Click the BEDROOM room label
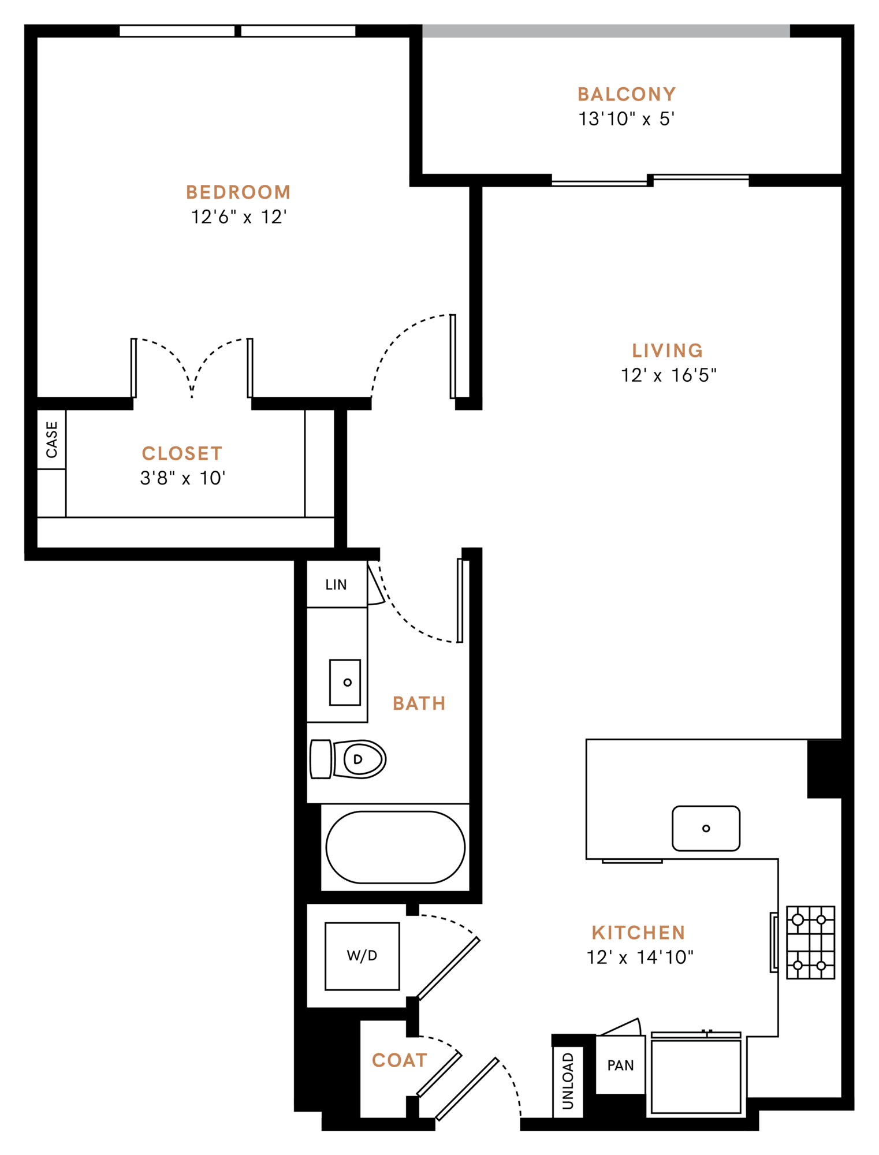click(238, 192)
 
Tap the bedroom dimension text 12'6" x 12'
click(239, 217)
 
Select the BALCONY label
click(627, 94)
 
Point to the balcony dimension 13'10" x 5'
click(627, 119)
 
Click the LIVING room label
click(668, 351)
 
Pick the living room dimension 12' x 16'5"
click(668, 375)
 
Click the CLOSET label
click(182, 453)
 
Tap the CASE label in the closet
click(52, 439)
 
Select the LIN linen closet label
click(336, 584)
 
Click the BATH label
click(419, 703)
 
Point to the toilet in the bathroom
click(349, 759)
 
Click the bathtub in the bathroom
click(395, 847)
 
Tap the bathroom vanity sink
click(345, 682)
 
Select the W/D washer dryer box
click(362, 956)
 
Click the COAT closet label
click(400, 1060)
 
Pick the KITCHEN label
click(638, 933)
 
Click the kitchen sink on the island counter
click(706, 828)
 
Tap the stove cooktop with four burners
click(810, 942)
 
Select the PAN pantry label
click(620, 1065)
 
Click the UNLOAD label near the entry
click(568, 1081)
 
